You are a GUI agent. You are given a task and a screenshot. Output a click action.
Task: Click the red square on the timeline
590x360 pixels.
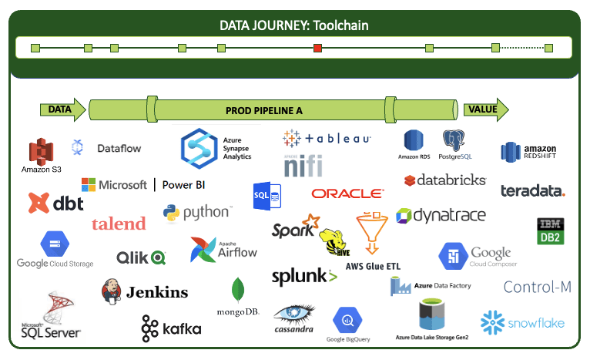point(317,49)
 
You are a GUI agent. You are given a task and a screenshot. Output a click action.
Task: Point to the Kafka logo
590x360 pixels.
point(171,328)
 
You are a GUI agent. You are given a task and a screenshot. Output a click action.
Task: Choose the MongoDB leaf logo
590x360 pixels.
point(239,290)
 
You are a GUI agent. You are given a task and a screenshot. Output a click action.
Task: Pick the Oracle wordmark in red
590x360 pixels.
point(347,193)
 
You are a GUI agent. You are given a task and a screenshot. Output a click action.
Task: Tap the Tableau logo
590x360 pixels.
point(327,139)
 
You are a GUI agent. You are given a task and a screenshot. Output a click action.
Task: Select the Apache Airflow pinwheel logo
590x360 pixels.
point(202,249)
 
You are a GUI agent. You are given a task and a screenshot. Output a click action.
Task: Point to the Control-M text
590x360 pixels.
point(537,288)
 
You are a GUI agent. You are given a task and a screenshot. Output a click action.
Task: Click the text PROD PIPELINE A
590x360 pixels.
point(263,110)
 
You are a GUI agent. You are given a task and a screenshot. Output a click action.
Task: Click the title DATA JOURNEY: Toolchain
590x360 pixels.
point(294,25)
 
